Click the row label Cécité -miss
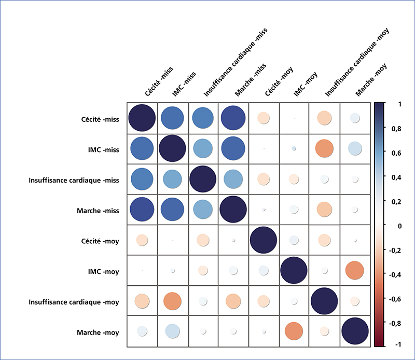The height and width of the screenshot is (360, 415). tap(100, 119)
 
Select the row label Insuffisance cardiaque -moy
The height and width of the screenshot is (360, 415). tap(74, 302)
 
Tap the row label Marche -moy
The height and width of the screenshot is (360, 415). tap(98, 333)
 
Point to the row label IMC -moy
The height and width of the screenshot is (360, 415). tap(103, 272)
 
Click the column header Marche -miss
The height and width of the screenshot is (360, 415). tap(251, 80)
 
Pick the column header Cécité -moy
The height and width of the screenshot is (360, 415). tap(279, 81)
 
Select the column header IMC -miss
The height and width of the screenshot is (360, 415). tap(184, 84)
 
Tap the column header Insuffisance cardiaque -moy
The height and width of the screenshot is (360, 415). tap(357, 62)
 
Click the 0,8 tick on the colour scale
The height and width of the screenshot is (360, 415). tap(396, 129)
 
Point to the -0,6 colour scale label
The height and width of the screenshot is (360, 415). tap(395, 299)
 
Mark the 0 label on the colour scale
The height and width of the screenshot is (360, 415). tap(399, 226)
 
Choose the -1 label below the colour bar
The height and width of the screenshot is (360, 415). tap(398, 344)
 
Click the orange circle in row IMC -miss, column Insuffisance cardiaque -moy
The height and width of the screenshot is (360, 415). tap(324, 148)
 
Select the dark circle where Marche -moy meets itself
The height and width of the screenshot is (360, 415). tap(355, 331)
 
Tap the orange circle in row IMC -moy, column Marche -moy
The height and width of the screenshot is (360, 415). tap(355, 270)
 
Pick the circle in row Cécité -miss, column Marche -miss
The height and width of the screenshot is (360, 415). tap(233, 118)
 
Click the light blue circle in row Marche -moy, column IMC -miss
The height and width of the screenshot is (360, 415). tap(173, 331)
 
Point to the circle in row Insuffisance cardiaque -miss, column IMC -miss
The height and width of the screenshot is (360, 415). tap(173, 179)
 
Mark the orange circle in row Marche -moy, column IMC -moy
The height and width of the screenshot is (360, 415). tap(294, 331)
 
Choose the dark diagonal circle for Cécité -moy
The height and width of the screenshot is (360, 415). tap(264, 240)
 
